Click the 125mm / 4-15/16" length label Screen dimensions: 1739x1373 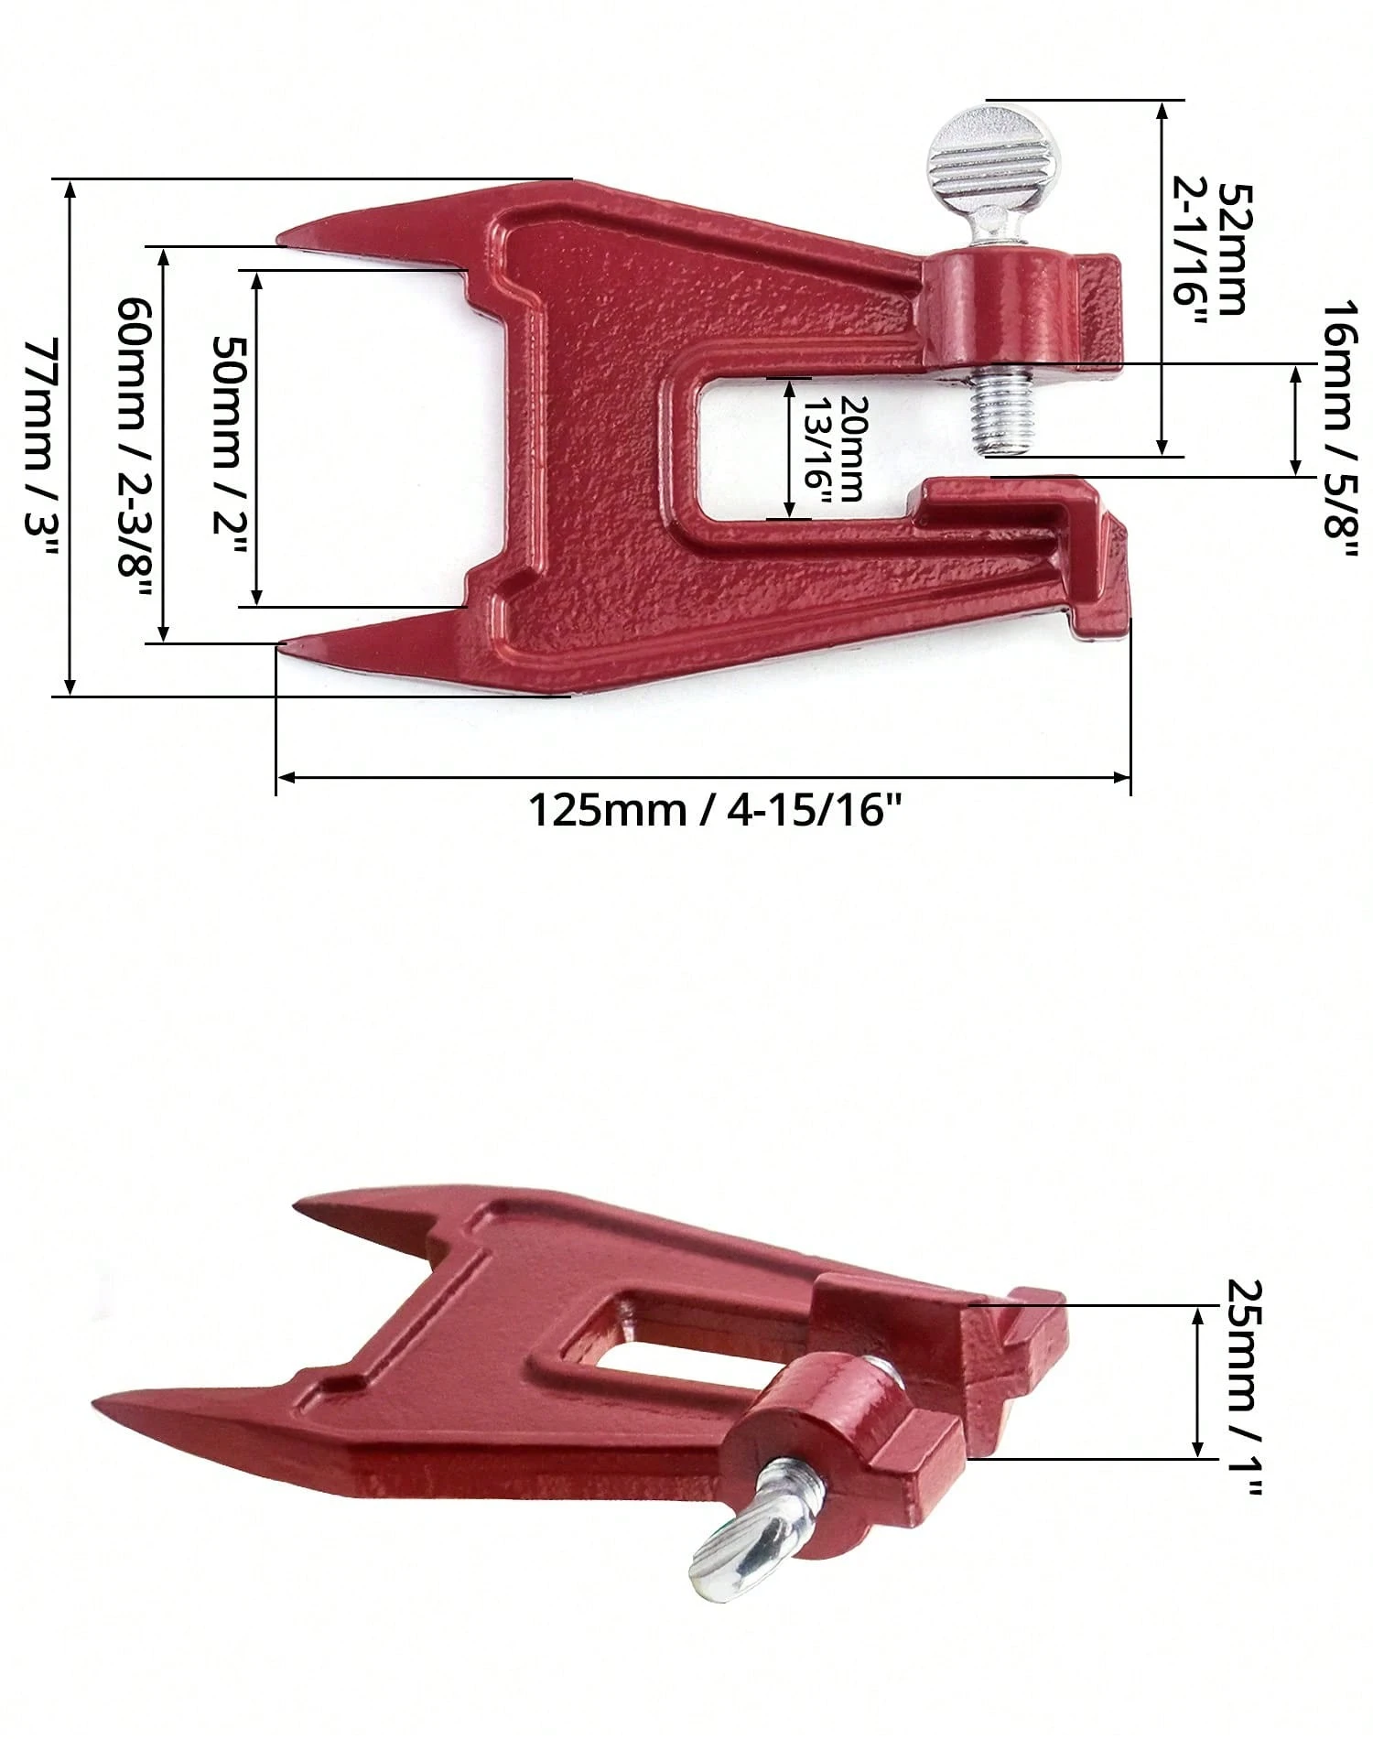[708, 810]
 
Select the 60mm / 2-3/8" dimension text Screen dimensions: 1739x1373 [134, 446]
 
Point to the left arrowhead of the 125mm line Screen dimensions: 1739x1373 [284, 778]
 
